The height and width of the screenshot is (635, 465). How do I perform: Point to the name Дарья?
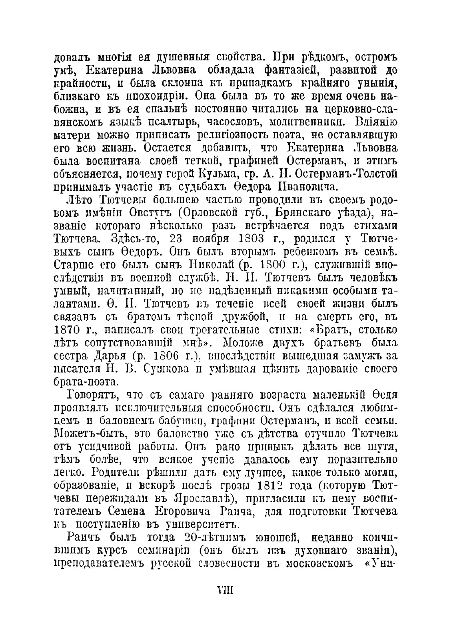point(113,356)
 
